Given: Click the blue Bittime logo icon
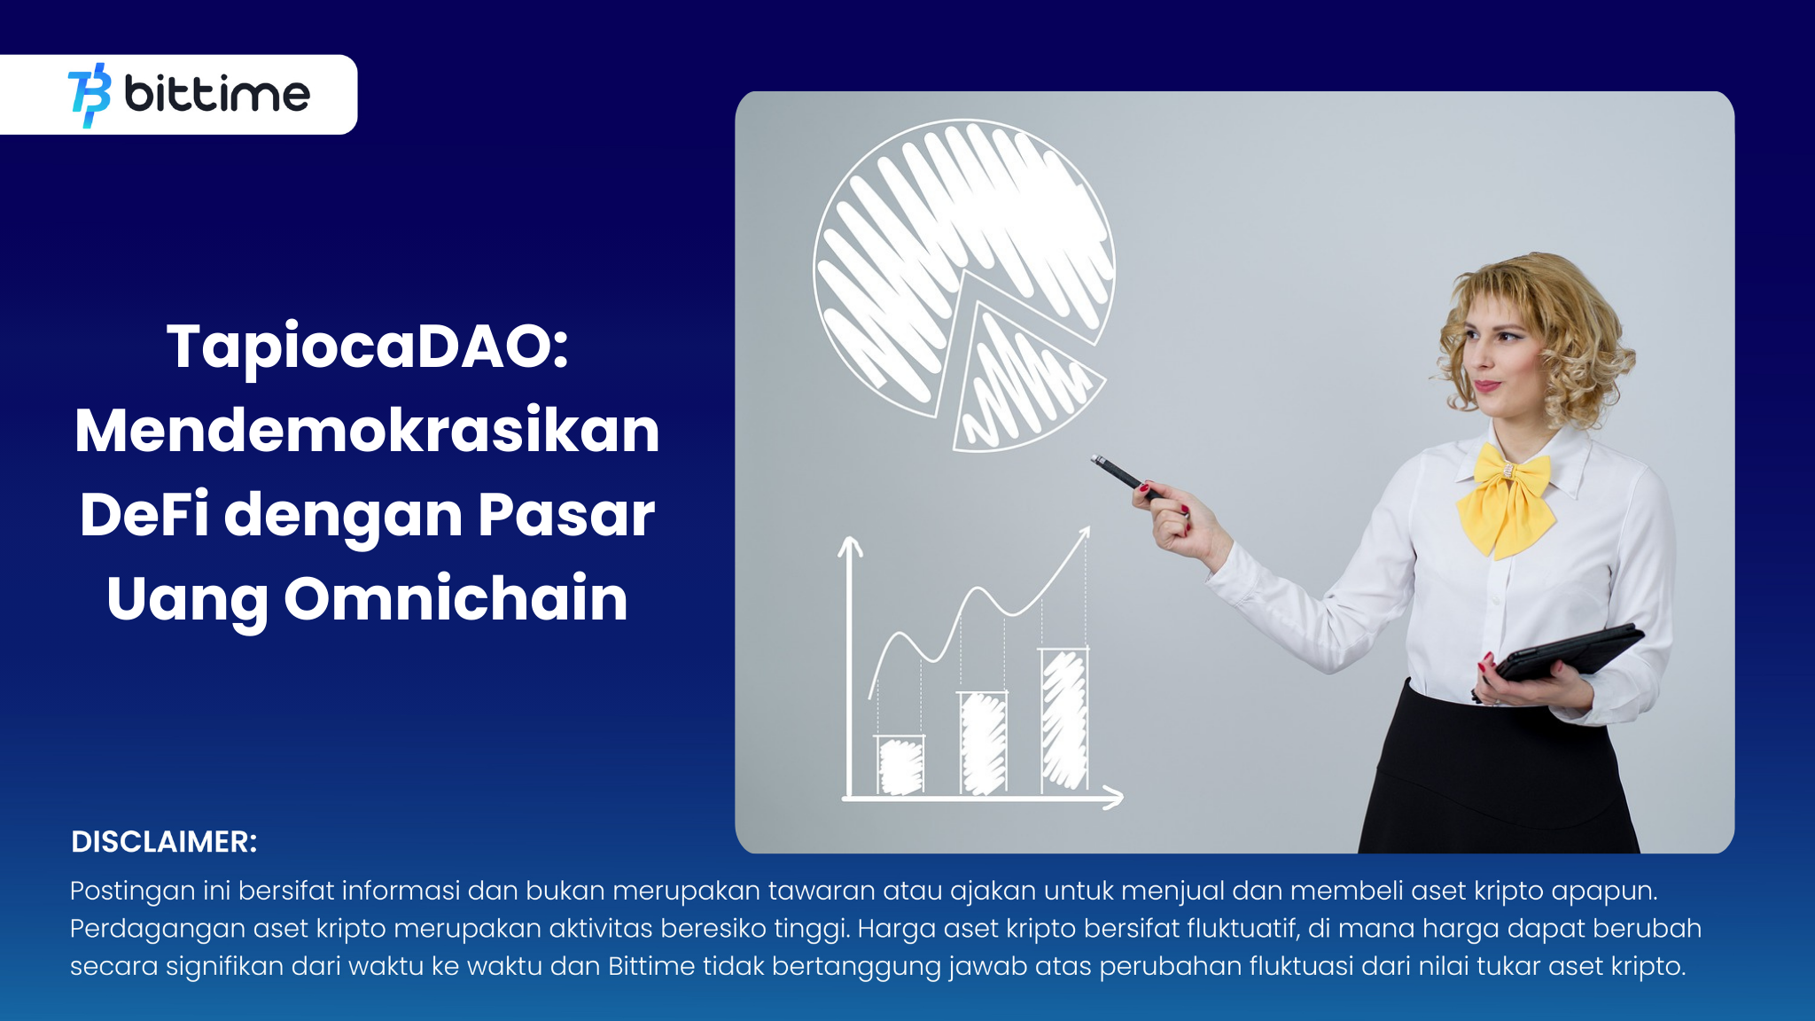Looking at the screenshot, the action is point(90,95).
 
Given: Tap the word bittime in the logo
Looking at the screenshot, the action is point(217,93).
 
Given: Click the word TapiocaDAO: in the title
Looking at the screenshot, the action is point(368,347).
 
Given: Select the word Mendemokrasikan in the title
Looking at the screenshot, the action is point(368,431).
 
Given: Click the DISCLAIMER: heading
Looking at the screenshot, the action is point(164,842).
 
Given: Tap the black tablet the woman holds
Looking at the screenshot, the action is point(1564,653).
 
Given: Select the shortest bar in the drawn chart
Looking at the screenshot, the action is point(900,764).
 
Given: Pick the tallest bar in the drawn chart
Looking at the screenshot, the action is point(1063,720).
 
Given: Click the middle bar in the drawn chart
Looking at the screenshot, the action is point(983,743).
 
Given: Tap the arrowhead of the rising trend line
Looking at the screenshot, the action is point(1084,534).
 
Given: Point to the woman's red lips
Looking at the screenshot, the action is point(1486,386).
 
